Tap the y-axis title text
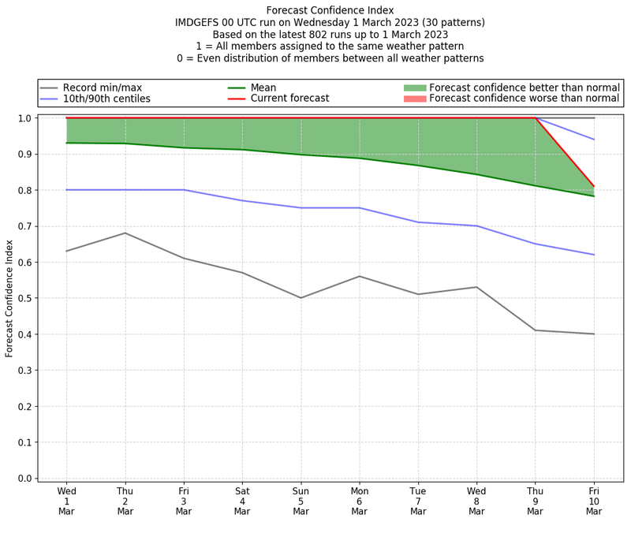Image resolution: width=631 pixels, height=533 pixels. click(x=9, y=298)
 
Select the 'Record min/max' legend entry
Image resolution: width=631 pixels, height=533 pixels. click(x=102, y=88)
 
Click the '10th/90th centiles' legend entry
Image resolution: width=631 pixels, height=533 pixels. click(x=106, y=99)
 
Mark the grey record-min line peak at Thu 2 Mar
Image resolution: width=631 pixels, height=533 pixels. click(x=125, y=233)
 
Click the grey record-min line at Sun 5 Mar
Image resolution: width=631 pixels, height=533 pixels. click(x=301, y=298)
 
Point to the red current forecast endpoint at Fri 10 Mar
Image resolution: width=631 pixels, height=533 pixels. click(x=594, y=186)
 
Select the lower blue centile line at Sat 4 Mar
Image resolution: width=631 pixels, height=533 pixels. click(x=242, y=200)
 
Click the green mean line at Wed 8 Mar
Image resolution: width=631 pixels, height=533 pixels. click(x=476, y=174)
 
